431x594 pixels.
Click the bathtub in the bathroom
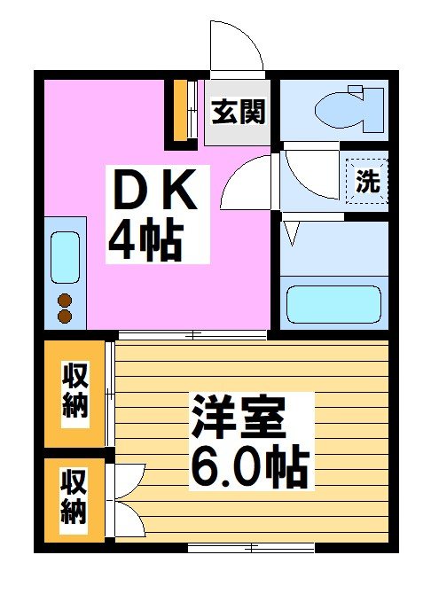coord(333,304)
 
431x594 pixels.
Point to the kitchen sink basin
coord(65,256)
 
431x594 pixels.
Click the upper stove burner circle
coord(64,299)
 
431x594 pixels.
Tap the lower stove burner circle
coord(64,315)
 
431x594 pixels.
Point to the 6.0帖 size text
coord(247,465)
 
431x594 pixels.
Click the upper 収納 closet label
coord(74,390)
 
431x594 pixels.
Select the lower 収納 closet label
coord(74,497)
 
